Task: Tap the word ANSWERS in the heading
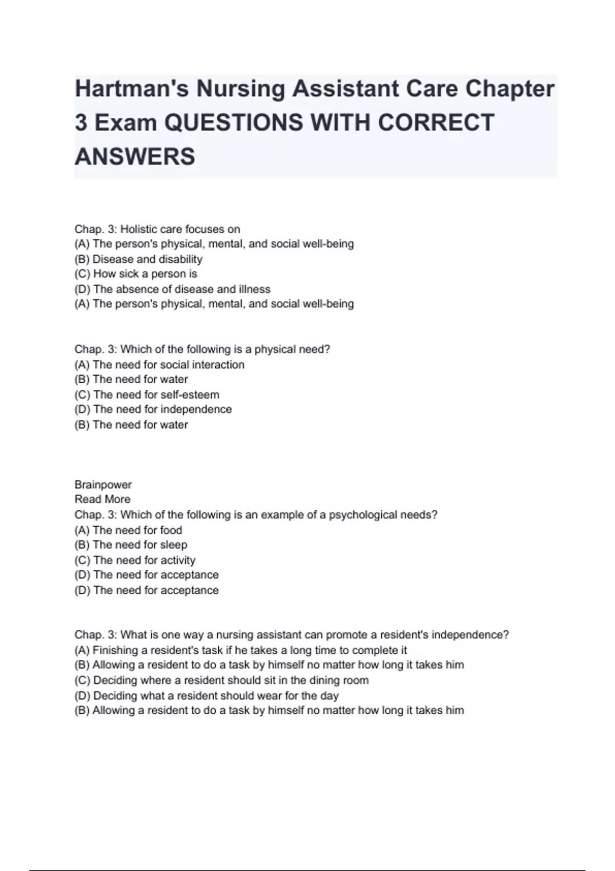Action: [x=135, y=156]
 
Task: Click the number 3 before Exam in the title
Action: [x=81, y=123]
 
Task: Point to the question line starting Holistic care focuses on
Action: [x=157, y=229]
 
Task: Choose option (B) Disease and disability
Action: [x=138, y=259]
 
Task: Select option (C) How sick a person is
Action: [x=136, y=274]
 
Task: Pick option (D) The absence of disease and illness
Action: [x=172, y=289]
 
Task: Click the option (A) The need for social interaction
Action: [x=159, y=365]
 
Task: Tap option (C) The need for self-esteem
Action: [x=147, y=395]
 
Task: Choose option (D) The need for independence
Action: [x=153, y=409]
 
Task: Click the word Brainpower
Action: [x=103, y=485]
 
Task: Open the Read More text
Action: [x=102, y=499]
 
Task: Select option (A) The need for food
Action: [x=128, y=530]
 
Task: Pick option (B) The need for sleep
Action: [x=131, y=545]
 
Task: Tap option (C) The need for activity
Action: [x=135, y=560]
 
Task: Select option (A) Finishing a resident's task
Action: [x=241, y=650]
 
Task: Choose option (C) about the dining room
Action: [x=221, y=680]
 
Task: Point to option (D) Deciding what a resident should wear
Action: [x=207, y=696]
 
